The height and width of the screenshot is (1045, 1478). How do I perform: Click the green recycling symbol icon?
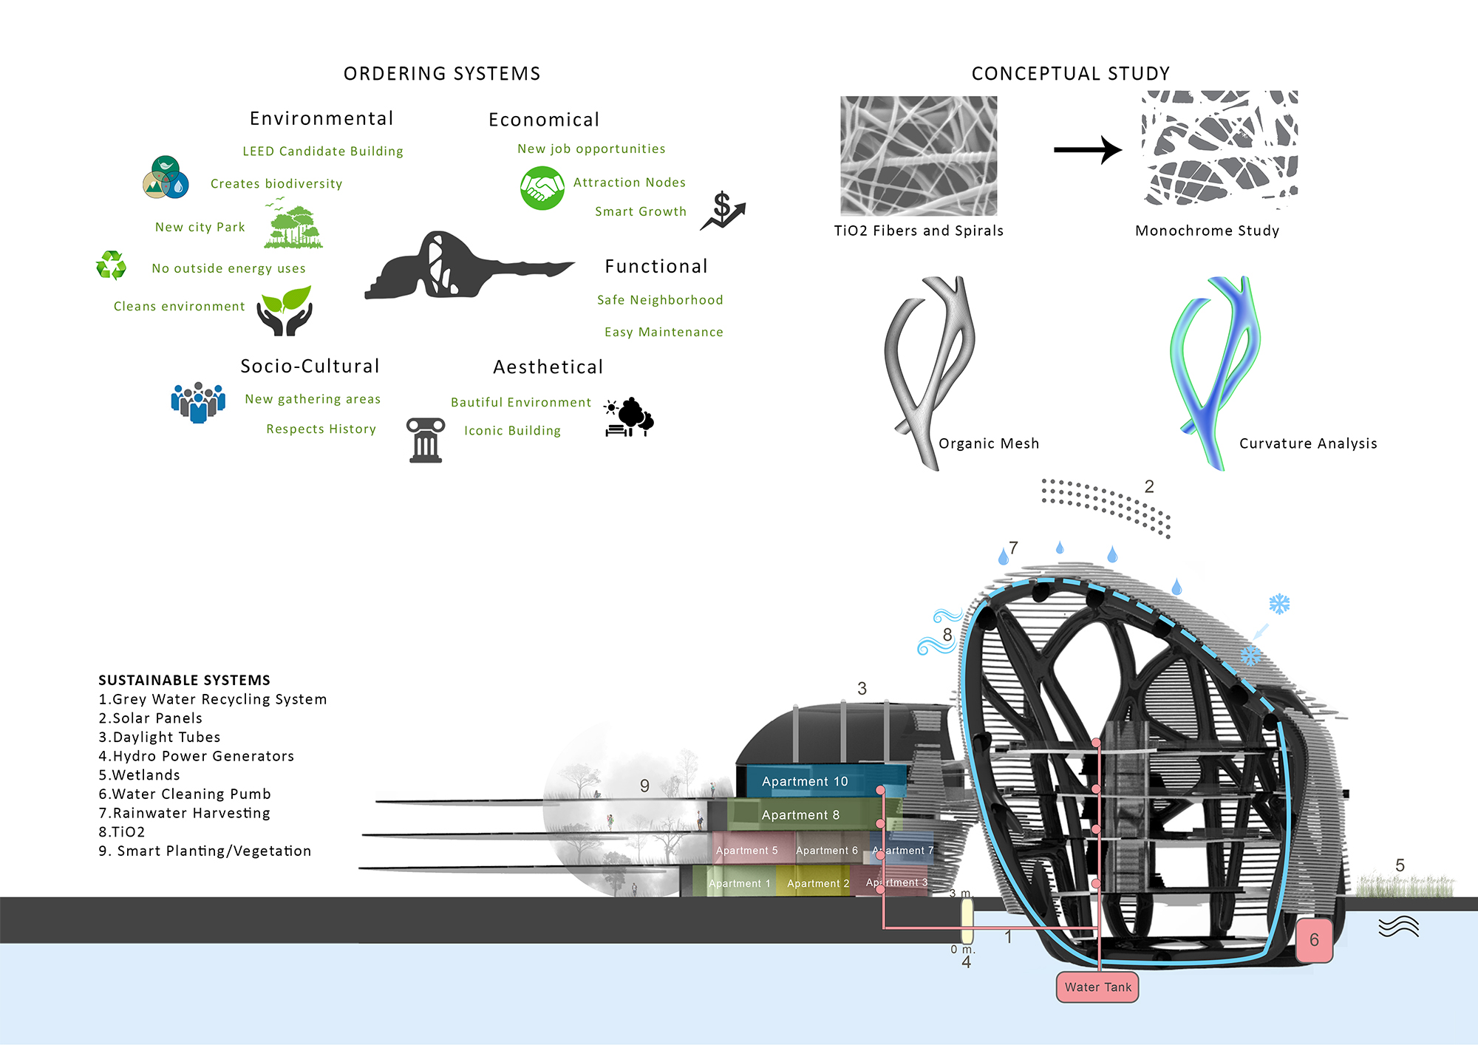click(112, 265)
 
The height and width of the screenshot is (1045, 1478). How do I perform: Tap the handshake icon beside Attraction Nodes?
click(542, 188)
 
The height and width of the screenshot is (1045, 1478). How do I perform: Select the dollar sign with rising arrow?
click(723, 211)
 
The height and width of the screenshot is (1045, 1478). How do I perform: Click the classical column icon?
click(426, 440)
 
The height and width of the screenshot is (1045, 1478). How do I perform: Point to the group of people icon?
click(198, 402)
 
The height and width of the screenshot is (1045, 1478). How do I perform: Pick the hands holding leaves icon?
click(285, 310)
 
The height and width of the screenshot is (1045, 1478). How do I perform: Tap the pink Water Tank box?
click(1097, 987)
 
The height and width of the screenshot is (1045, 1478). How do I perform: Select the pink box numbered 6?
click(1314, 940)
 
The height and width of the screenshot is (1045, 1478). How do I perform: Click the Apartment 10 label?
click(805, 781)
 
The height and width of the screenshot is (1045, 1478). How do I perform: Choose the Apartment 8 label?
click(800, 815)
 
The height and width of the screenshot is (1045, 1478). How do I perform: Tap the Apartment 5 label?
click(746, 851)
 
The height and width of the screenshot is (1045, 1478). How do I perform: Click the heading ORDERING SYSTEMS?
click(442, 74)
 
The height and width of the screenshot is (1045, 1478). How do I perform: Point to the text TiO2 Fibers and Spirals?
click(919, 231)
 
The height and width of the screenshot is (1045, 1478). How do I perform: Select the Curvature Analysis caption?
click(1308, 443)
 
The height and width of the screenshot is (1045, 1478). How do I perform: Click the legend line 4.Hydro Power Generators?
click(197, 756)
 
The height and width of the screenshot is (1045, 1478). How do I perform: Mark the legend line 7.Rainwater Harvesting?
click(185, 813)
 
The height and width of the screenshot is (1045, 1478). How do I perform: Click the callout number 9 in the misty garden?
click(644, 786)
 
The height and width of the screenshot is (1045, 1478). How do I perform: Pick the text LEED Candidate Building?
click(323, 152)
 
